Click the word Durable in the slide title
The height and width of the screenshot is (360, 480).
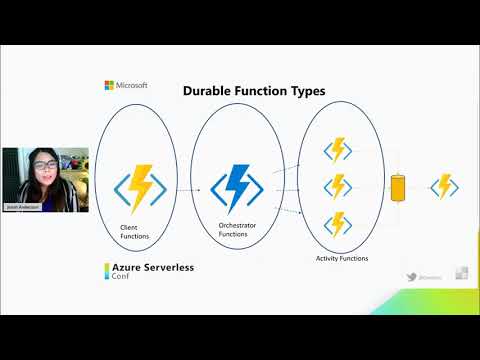[206, 91]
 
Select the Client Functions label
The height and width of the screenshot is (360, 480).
[133, 233]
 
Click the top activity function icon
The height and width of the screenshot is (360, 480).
[338, 151]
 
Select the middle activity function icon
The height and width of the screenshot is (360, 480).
[338, 186]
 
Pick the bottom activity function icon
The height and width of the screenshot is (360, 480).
[338, 221]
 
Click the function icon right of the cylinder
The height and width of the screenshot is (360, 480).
[443, 186]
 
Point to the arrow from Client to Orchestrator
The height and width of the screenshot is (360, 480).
[192, 186]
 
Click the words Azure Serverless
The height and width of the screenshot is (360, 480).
[151, 269]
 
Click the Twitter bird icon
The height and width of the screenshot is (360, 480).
[411, 275]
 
